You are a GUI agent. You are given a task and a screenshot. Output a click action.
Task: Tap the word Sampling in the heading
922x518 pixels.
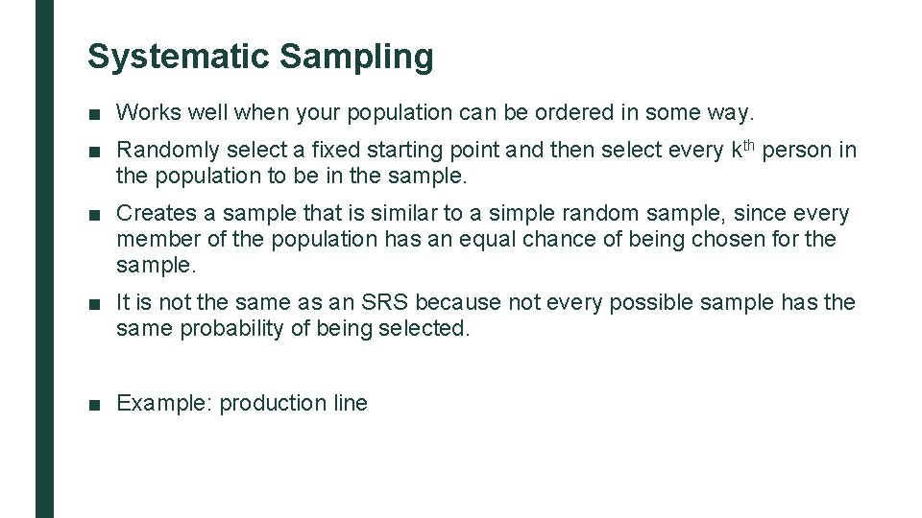click(356, 57)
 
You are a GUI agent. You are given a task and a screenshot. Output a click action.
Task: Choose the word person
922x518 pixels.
click(795, 151)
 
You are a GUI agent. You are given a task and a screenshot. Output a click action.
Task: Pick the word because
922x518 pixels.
click(458, 303)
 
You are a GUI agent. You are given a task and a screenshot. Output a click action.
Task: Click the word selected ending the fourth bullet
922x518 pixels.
click(433, 328)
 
